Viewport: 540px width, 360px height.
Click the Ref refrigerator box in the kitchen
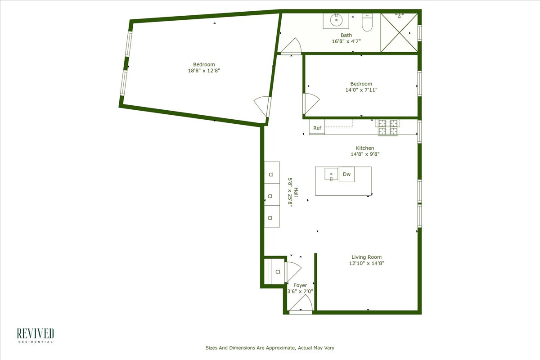317,128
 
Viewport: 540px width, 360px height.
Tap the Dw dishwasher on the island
346,174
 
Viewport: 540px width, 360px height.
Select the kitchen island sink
331,174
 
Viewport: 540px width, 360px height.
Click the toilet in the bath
368,23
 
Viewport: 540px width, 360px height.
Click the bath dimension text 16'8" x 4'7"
346,41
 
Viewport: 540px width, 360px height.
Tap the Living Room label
367,257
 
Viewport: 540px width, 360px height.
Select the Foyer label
300,285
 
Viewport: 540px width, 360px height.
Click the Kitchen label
365,148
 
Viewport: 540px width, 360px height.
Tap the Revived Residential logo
35,336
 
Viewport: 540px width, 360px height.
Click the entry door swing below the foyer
300,306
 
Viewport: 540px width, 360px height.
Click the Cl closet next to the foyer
278,271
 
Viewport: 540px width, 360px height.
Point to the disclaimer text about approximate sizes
270,348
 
